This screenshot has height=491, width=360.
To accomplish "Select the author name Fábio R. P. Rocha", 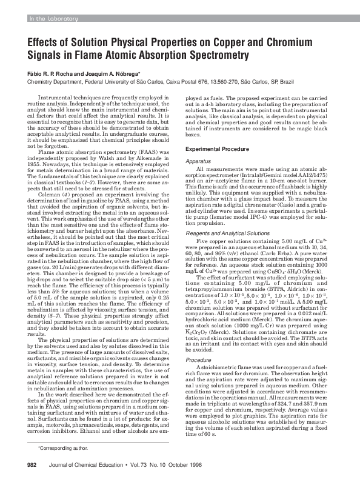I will pyautogui.click(x=52, y=73).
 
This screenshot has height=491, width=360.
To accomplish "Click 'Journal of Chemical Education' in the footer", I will pyautogui.click(x=87, y=481).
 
